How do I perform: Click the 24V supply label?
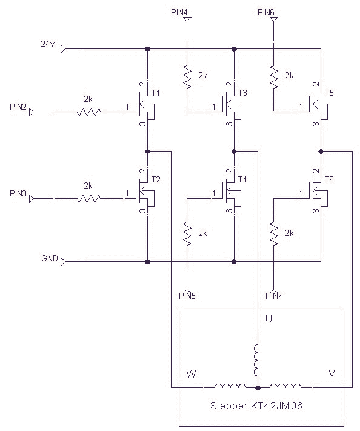(48, 44)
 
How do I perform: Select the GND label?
(49, 258)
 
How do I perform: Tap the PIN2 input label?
(18, 107)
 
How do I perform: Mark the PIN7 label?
(273, 296)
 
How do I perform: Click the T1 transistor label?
(156, 93)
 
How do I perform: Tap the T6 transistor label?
(329, 179)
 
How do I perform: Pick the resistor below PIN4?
(187, 75)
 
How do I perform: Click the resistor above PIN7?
(274, 232)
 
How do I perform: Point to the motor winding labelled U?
(257, 361)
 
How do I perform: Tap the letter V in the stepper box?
(332, 374)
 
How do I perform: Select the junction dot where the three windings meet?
(258, 387)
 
